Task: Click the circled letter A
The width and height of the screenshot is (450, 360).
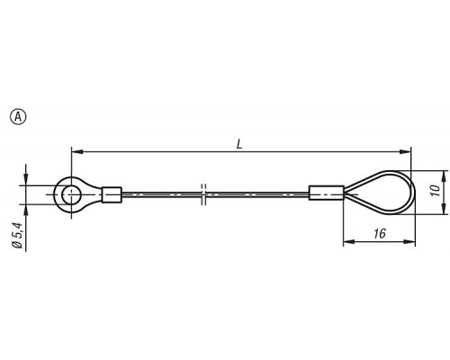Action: pyautogui.click(x=18, y=117)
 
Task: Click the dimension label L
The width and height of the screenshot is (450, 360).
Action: pyautogui.click(x=239, y=145)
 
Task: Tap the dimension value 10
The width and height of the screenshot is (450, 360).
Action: pyautogui.click(x=436, y=190)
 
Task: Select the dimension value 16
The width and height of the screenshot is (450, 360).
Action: pyautogui.click(x=380, y=233)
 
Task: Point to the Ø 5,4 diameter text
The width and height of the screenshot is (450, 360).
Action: pyautogui.click(x=17, y=235)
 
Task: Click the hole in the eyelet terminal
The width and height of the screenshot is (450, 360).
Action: pyautogui.click(x=71, y=194)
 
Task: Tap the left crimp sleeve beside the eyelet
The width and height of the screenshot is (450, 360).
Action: pyautogui.click(x=112, y=194)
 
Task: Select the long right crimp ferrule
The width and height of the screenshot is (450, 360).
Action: pyautogui.click(x=327, y=193)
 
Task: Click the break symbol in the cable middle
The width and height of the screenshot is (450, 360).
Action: pyautogui.click(x=203, y=194)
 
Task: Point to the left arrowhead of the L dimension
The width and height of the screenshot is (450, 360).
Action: pyautogui.click(x=76, y=152)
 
